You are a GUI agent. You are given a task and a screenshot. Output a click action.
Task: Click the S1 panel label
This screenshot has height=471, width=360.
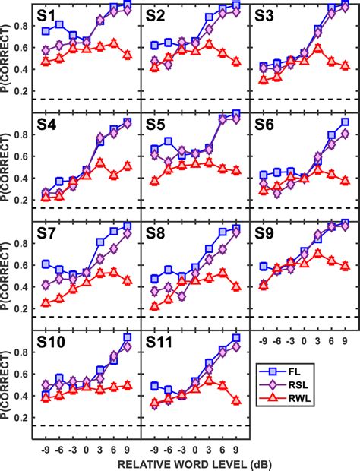click(53, 14)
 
